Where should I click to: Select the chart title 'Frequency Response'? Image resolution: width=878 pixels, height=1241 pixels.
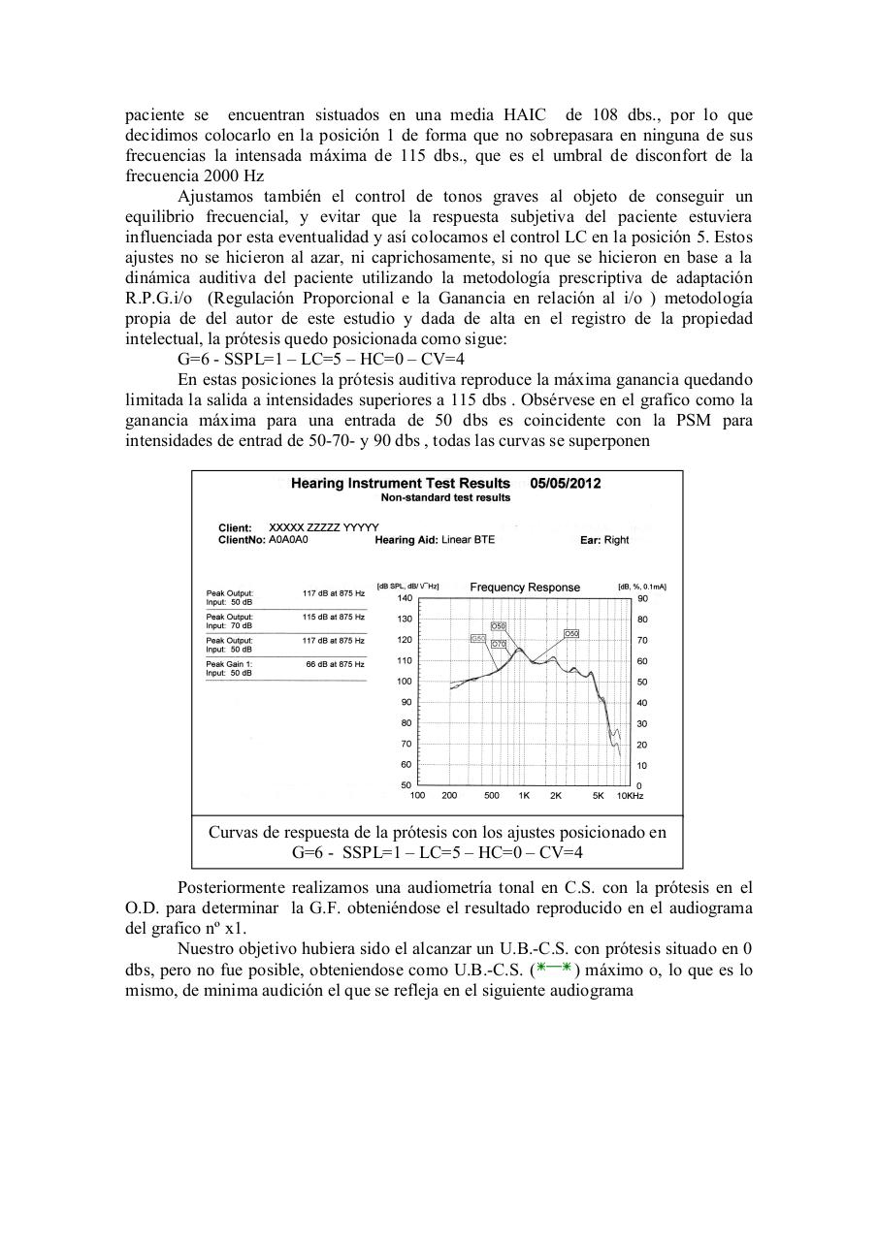525,587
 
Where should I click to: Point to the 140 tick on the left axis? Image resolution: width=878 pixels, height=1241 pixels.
406,598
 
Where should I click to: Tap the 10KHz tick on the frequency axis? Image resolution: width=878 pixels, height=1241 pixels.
631,796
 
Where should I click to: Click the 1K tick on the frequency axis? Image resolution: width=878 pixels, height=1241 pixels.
524,796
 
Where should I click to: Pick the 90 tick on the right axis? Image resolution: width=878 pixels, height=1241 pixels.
641,598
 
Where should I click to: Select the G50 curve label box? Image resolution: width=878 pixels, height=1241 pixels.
478,638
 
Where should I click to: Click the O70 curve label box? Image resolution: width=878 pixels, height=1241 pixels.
499,645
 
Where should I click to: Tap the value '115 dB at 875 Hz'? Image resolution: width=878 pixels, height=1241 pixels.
333,617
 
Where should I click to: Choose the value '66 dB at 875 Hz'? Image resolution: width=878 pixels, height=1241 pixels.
335,664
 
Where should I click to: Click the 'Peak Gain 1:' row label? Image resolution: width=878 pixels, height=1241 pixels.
229,664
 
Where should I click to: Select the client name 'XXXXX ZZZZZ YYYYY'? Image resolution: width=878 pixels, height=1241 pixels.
323,527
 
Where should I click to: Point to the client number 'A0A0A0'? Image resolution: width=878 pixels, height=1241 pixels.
288,539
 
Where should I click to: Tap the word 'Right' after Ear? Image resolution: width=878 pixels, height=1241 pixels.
617,540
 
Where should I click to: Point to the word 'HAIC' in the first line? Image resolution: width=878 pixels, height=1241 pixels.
523,114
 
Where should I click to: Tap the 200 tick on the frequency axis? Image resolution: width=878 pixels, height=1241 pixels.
449,796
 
